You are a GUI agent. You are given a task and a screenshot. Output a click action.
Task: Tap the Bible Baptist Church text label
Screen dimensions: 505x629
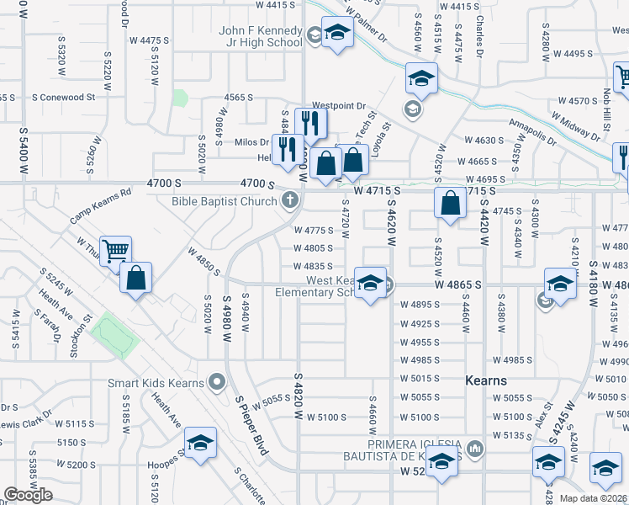coord(224,201)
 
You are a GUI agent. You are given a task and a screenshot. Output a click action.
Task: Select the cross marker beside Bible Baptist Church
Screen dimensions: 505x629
coord(290,200)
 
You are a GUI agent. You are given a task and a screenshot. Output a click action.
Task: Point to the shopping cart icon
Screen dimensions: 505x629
coord(116,250)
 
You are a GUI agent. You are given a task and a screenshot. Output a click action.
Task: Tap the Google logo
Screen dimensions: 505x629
coord(29,495)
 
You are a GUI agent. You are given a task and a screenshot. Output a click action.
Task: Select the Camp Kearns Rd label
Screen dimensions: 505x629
coord(101,205)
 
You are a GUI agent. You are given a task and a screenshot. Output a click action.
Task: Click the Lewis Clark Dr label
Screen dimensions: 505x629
coord(21,425)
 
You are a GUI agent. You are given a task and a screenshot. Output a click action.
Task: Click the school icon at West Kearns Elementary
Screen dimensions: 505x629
coord(368,283)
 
